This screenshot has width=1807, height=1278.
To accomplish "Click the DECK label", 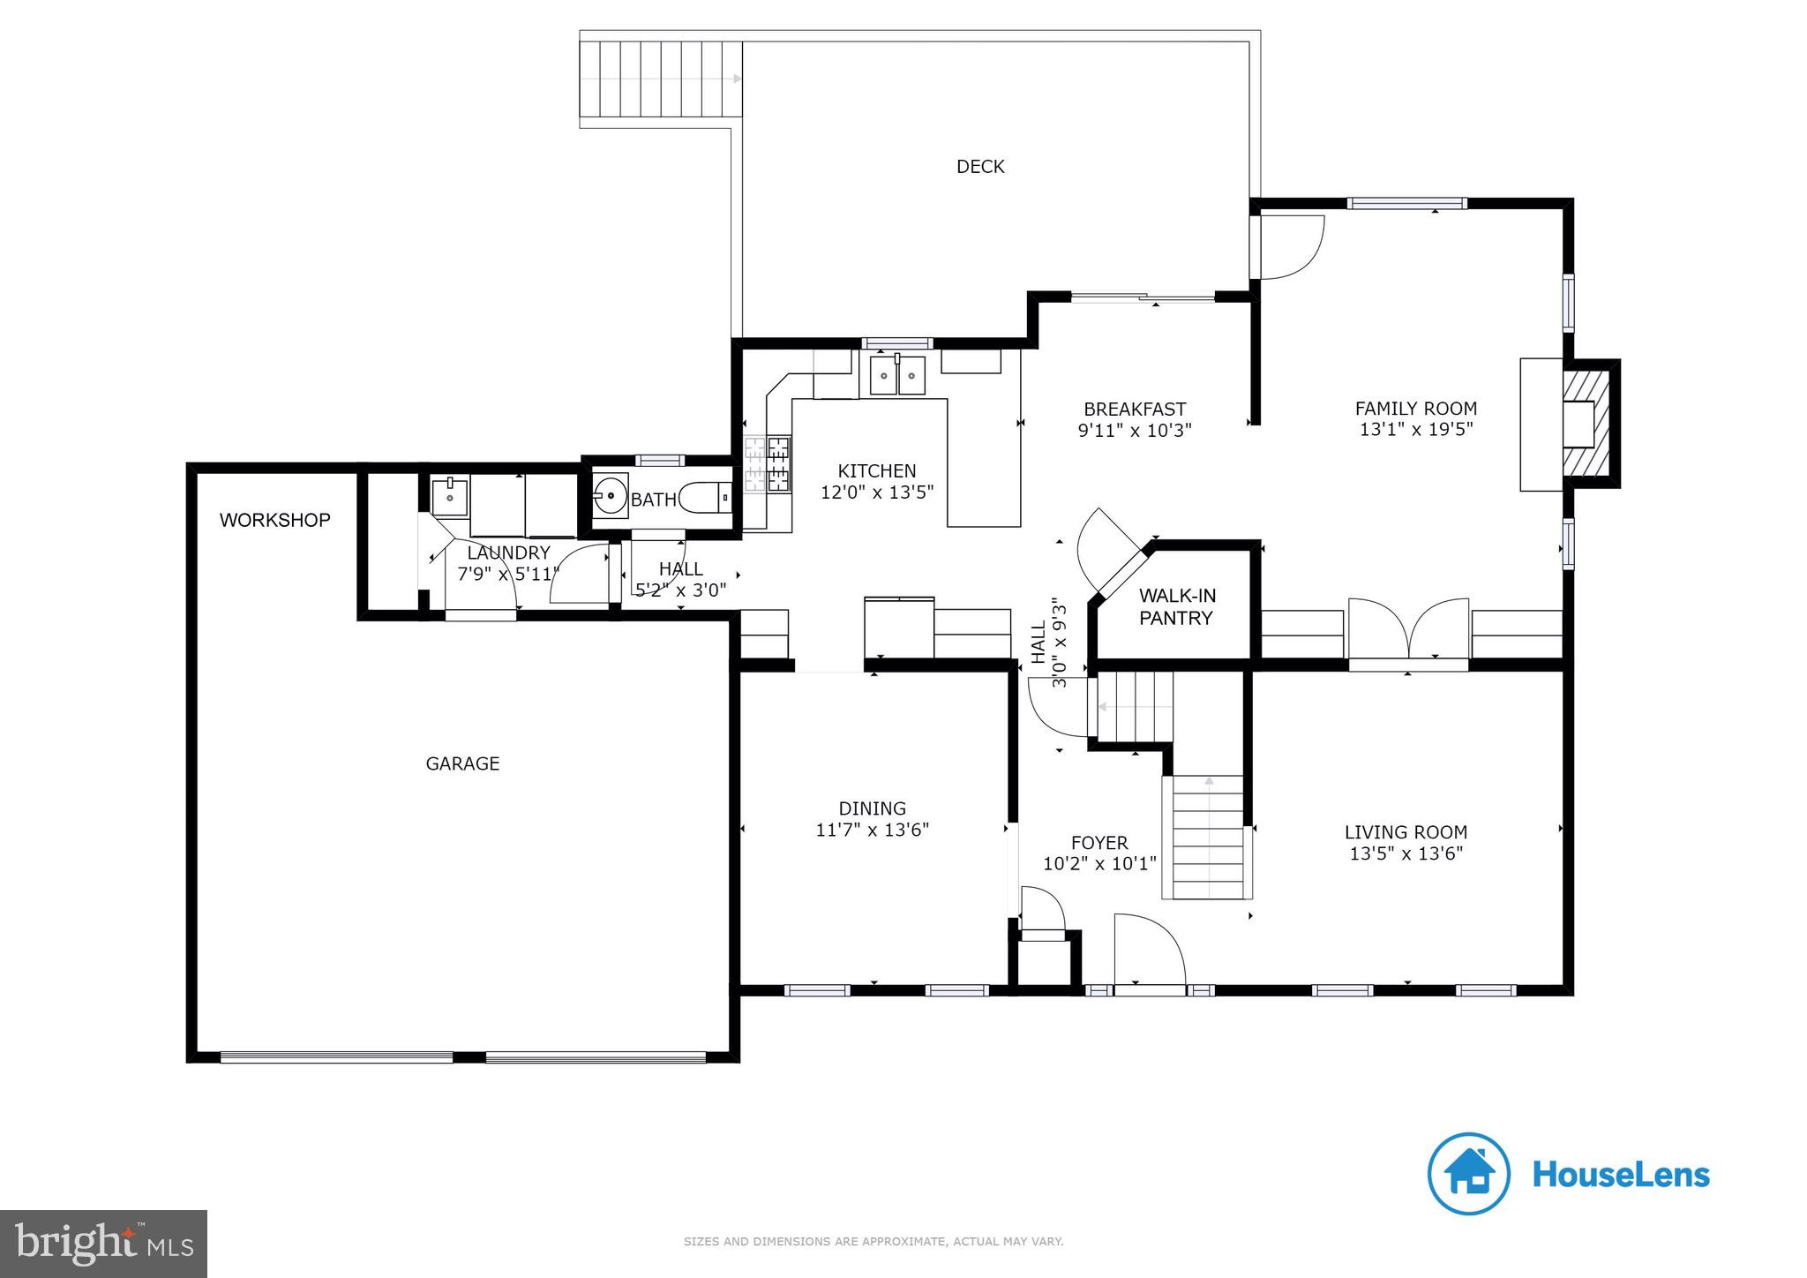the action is tap(980, 167).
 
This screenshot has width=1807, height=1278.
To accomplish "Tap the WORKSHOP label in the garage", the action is tap(274, 520).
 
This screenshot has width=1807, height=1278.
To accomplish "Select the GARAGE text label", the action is tap(462, 763).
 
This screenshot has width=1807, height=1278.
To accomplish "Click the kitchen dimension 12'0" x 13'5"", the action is tap(877, 492).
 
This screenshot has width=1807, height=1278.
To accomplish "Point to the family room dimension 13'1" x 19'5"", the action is tap(1416, 430).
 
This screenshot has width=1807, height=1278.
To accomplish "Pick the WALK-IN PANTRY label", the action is tap(1177, 606).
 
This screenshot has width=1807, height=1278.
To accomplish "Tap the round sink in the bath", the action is tap(609, 496).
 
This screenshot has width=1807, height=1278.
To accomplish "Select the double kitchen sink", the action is tap(898, 373).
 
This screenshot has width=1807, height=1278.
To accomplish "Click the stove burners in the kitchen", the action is tap(768, 464).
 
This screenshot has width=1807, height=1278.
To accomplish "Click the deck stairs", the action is tap(661, 79).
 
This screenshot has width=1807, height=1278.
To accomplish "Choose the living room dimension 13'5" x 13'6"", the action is tap(1406, 843).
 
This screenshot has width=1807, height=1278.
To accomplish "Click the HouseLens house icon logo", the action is tap(1469, 1174).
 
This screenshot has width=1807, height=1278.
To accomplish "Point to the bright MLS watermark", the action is tap(104, 1244).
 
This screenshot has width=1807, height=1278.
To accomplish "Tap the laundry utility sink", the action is tap(450, 496).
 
